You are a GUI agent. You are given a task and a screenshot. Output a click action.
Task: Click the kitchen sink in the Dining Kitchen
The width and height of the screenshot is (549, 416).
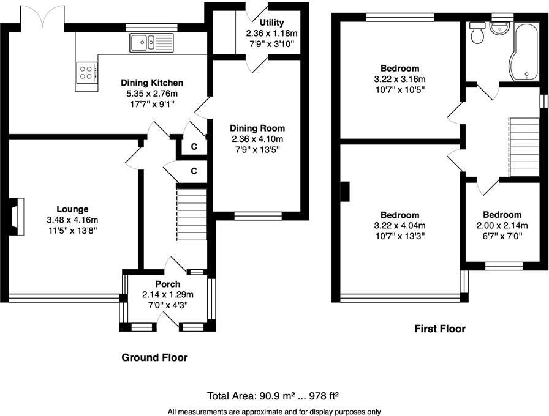(x=151, y=43)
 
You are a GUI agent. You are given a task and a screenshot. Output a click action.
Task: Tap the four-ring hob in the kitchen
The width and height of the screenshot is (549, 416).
(x=86, y=73)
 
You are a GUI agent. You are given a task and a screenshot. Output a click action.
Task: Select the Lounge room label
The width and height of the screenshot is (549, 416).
(x=72, y=209)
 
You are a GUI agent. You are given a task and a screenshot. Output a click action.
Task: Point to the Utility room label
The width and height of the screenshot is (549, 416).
(x=271, y=23)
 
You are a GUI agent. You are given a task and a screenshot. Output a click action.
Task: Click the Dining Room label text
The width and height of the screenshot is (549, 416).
(x=257, y=128)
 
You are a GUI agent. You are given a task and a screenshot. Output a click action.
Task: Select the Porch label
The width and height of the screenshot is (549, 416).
(x=167, y=284)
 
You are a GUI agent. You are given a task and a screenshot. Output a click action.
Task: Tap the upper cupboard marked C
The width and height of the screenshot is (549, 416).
(x=193, y=146)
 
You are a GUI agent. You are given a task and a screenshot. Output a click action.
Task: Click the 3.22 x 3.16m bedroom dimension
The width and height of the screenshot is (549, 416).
(x=399, y=80)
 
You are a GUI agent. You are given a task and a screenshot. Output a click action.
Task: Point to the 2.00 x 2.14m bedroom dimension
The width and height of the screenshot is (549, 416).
(x=502, y=225)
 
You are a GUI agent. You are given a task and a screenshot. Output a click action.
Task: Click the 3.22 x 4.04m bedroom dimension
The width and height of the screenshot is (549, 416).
(x=399, y=225)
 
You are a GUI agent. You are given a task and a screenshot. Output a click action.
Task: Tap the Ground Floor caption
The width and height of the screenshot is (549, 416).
(x=154, y=357)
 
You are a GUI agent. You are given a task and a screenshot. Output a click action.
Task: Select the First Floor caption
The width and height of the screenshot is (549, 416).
(x=439, y=329)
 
